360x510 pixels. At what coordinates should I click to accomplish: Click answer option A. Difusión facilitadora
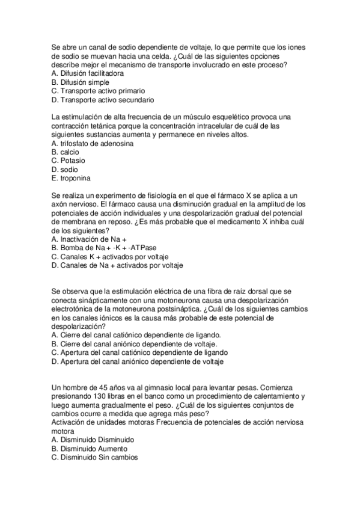pyautogui.click(x=88, y=73)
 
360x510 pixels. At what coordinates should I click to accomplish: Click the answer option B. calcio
pyautogui.click(x=66, y=152)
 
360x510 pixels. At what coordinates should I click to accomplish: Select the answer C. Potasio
pyautogui.click(x=69, y=161)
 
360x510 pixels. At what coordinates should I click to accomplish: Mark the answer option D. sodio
pyautogui.click(x=65, y=170)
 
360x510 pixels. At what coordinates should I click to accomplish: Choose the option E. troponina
pyautogui.click(x=72, y=179)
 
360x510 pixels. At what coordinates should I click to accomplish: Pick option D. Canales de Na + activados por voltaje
pyautogui.click(x=117, y=265)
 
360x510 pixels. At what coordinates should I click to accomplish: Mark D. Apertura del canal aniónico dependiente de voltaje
pyautogui.click(x=138, y=361)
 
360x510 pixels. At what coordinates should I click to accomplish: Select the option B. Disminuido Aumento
pyautogui.click(x=89, y=449)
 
